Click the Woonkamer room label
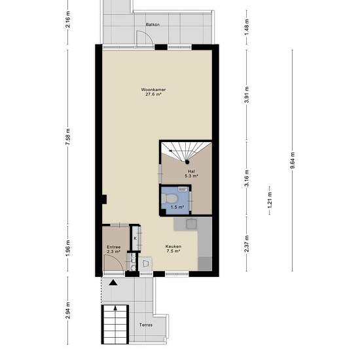coord(153,90)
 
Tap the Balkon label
coord(153,25)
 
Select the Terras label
coord(146,325)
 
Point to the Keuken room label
coord(173,246)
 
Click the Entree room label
coord(114,247)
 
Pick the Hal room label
coord(191,171)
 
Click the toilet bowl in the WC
coord(170,198)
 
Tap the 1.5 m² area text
coord(177,207)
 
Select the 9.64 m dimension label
coord(293,160)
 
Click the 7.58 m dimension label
coord(67,137)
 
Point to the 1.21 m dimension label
coord(270,200)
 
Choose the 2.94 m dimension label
coord(67,311)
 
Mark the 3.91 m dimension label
coord(247,95)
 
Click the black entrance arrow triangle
coord(113,282)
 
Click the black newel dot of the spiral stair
coord(187,162)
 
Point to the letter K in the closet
coord(135,238)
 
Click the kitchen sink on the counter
coord(191,224)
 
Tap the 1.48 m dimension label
coord(247,27)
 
